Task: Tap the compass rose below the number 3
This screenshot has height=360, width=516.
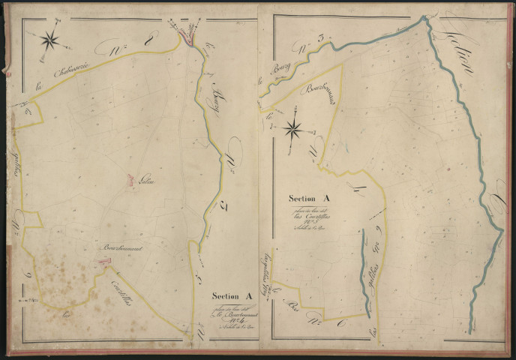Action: point(294,129)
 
